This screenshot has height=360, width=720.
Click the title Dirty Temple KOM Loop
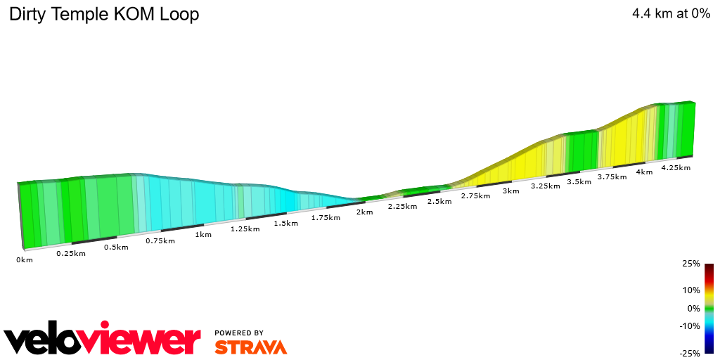click(103, 14)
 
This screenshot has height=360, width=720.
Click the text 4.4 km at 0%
click(671, 13)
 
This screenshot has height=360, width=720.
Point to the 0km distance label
click(25, 260)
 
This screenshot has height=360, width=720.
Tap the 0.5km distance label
click(116, 247)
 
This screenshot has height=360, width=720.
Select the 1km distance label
click(203, 235)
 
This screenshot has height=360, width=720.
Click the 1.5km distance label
click(285, 223)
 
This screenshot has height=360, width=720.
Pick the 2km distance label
click(364, 212)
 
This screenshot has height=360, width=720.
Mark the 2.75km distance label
click(475, 196)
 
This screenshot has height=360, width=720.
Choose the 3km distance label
click(511, 191)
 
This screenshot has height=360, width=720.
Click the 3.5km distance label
click(579, 181)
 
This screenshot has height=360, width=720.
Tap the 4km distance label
click(644, 172)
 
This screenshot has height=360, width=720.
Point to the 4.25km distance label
click(676, 167)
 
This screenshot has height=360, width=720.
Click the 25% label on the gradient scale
click(692, 264)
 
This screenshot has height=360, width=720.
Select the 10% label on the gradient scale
click(692, 290)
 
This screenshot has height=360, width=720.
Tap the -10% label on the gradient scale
click(690, 326)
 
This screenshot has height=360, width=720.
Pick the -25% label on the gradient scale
click(690, 354)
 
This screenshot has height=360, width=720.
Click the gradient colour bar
click(709, 309)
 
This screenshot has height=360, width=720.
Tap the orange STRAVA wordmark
click(250, 347)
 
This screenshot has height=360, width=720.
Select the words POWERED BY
click(239, 333)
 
